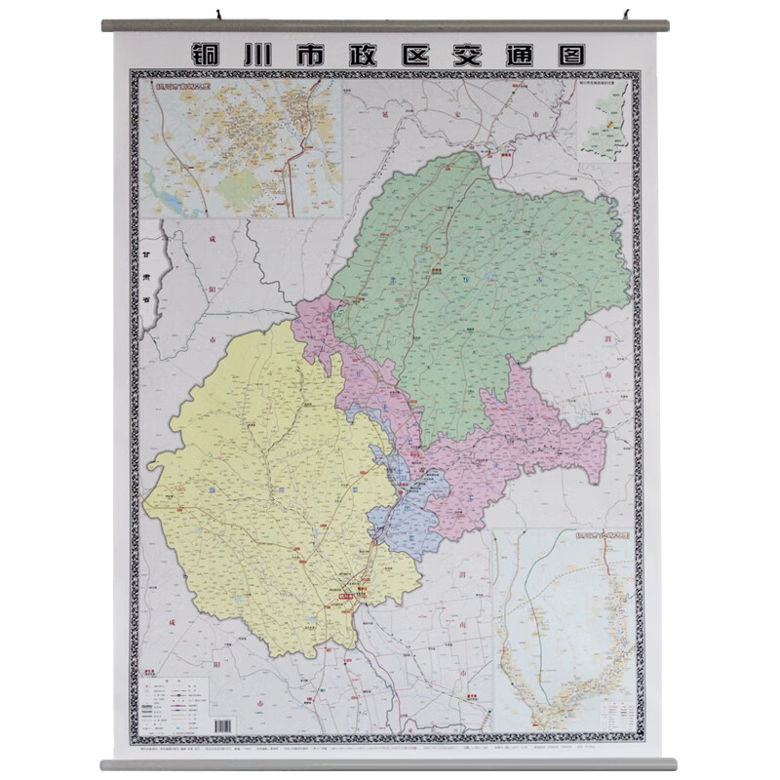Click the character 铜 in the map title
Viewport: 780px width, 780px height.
[x=207, y=51]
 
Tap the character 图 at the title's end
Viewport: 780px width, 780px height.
[x=576, y=51]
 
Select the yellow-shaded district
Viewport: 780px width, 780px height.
[x=263, y=487]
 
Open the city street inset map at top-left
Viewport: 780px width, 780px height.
[x=241, y=148]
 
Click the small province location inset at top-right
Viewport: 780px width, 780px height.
[x=604, y=121]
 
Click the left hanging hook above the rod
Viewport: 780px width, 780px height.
[x=221, y=16]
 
